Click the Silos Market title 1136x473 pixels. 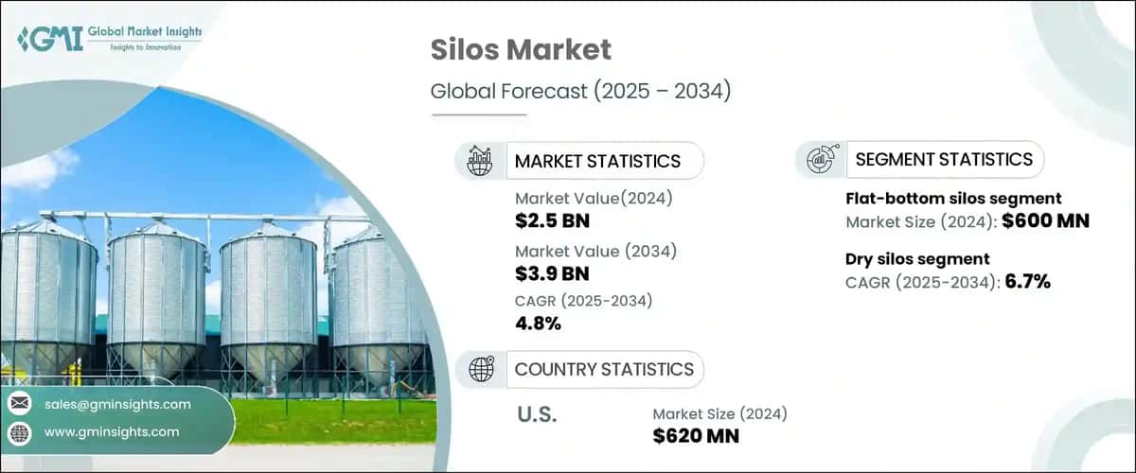point(521,50)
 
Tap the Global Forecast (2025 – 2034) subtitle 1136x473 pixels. point(581,92)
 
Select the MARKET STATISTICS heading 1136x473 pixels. point(596,161)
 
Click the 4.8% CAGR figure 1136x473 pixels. point(539,324)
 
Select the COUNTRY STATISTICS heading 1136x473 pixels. point(603,369)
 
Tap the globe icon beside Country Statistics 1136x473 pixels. point(481,369)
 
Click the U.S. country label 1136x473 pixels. point(538,414)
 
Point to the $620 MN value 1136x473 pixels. point(696,436)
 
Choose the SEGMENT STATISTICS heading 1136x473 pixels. point(943,160)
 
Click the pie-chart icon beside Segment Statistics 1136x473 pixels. point(820,160)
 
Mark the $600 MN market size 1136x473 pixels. point(1051,221)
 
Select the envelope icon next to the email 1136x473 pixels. point(19,404)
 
